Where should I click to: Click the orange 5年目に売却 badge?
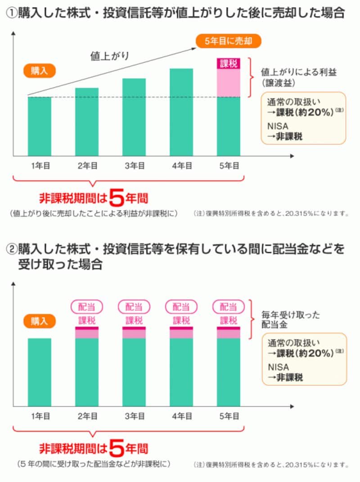pyautogui.click(x=228, y=42)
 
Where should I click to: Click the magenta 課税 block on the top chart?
pyautogui.click(x=229, y=64)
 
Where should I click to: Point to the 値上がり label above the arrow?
pyautogui.click(x=109, y=56)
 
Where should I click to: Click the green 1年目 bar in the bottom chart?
pyautogui.click(x=40, y=372)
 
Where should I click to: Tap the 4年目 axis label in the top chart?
pyautogui.click(x=181, y=166)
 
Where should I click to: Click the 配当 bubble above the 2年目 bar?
pyautogui.click(x=87, y=307)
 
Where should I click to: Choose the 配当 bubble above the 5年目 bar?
pyautogui.click(x=228, y=307)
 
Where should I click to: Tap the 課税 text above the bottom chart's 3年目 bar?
pyautogui.click(x=134, y=321)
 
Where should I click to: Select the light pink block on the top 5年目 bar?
pyautogui.click(x=229, y=83)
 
